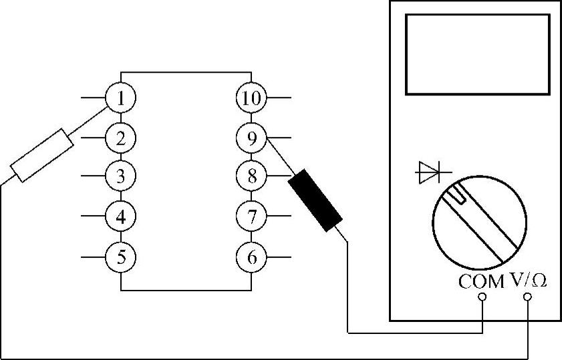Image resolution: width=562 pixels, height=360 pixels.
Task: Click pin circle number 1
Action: point(121,99)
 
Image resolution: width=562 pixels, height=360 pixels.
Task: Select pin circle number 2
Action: point(121,138)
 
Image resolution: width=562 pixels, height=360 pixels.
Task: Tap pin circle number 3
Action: point(121,177)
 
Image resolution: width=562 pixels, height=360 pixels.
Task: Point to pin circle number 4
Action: point(121,216)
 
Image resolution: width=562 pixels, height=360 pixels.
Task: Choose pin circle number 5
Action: point(121,256)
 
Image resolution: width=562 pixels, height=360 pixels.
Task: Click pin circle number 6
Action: point(251,256)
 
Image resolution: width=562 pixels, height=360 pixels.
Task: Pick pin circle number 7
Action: point(251,216)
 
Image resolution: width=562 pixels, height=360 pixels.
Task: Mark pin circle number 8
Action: point(251,177)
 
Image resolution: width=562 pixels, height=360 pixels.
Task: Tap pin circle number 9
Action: point(251,138)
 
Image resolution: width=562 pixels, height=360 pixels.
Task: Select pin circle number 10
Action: point(251,99)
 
